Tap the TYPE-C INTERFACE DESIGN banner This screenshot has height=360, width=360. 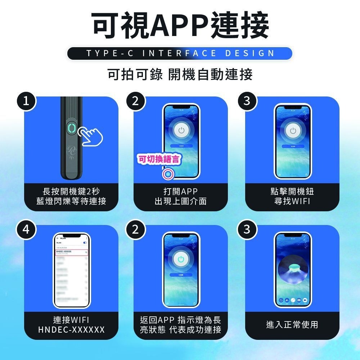180,54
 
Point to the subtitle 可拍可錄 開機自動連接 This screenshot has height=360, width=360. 180,75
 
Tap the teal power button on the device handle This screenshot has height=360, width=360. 71,129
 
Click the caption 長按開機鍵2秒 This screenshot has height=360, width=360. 71,191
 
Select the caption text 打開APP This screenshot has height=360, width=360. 180,191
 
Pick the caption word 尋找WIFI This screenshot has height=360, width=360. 292,201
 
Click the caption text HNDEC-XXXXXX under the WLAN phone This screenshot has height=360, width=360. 71,329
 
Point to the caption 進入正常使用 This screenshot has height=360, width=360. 292,325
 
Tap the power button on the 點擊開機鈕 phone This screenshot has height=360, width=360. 292,131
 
